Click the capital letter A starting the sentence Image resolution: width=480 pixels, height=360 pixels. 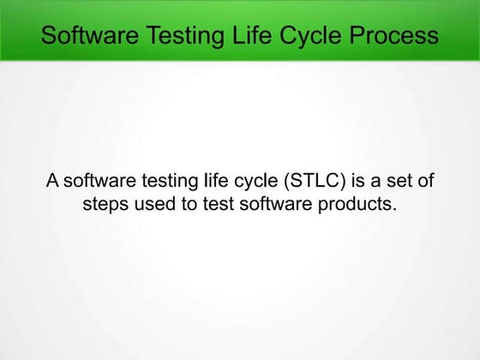coord(52,181)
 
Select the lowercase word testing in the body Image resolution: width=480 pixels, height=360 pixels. coord(157,181)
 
